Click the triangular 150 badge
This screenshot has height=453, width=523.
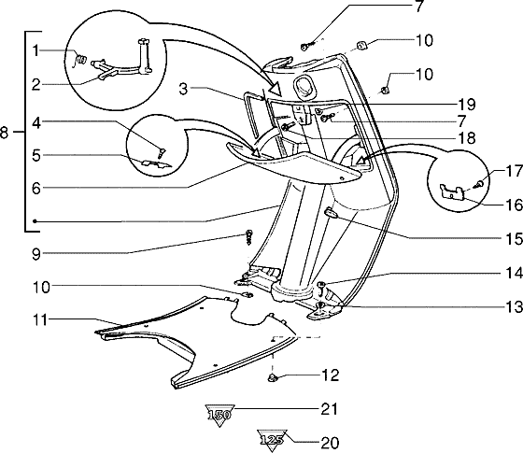pyautogui.click(x=219, y=415)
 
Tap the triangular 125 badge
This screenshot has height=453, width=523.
pyautogui.click(x=272, y=440)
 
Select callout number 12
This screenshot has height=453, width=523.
pyautogui.click(x=331, y=375)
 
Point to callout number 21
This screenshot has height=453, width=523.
pyautogui.click(x=330, y=409)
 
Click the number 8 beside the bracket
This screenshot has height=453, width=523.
pyautogui.click(x=4, y=133)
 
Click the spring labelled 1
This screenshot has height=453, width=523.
pyautogui.click(x=80, y=59)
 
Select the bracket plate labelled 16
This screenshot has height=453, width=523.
pyautogui.click(x=453, y=192)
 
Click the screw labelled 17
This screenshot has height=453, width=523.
pyautogui.click(x=480, y=183)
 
